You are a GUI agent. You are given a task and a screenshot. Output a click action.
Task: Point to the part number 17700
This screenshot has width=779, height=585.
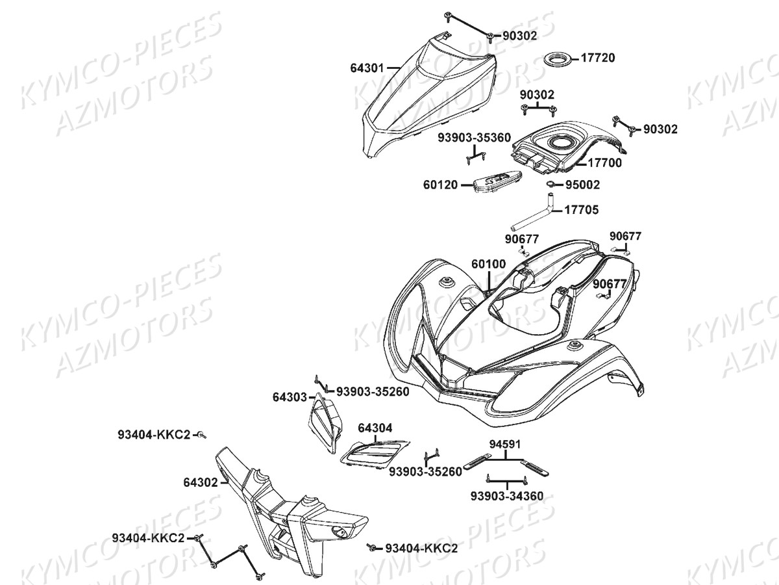(605, 163)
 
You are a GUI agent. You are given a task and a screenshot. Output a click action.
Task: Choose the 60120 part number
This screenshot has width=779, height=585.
(441, 185)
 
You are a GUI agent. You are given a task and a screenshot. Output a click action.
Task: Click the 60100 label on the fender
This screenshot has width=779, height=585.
(488, 265)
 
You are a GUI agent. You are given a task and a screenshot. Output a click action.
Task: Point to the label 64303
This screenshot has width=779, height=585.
(290, 396)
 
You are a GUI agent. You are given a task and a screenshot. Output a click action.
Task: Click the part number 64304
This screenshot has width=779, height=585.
(375, 428)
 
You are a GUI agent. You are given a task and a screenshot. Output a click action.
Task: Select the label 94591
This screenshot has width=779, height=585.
(506, 445)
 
